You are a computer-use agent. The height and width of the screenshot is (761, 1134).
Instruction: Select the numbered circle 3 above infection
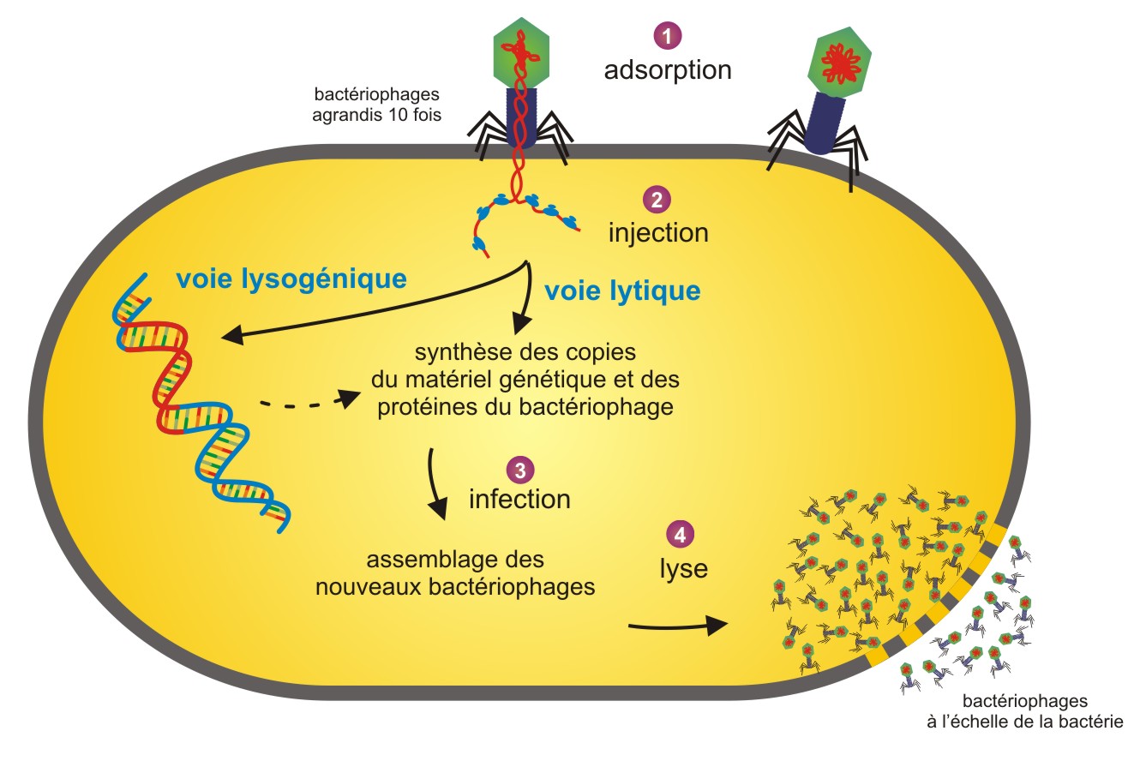(519, 469)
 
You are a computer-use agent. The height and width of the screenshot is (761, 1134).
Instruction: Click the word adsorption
(668, 69)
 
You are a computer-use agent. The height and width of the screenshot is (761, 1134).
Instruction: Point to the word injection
(658, 231)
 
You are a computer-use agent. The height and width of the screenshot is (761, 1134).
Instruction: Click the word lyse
(683, 568)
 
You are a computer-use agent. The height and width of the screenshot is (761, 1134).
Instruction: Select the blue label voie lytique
(621, 291)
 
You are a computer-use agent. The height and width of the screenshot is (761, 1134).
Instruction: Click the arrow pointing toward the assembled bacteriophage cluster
(677, 626)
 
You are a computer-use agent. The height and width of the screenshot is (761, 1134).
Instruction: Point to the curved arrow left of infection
(435, 484)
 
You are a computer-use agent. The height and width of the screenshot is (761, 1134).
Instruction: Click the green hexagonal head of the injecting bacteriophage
(519, 58)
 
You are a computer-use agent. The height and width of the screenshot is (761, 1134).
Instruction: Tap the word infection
(519, 499)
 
